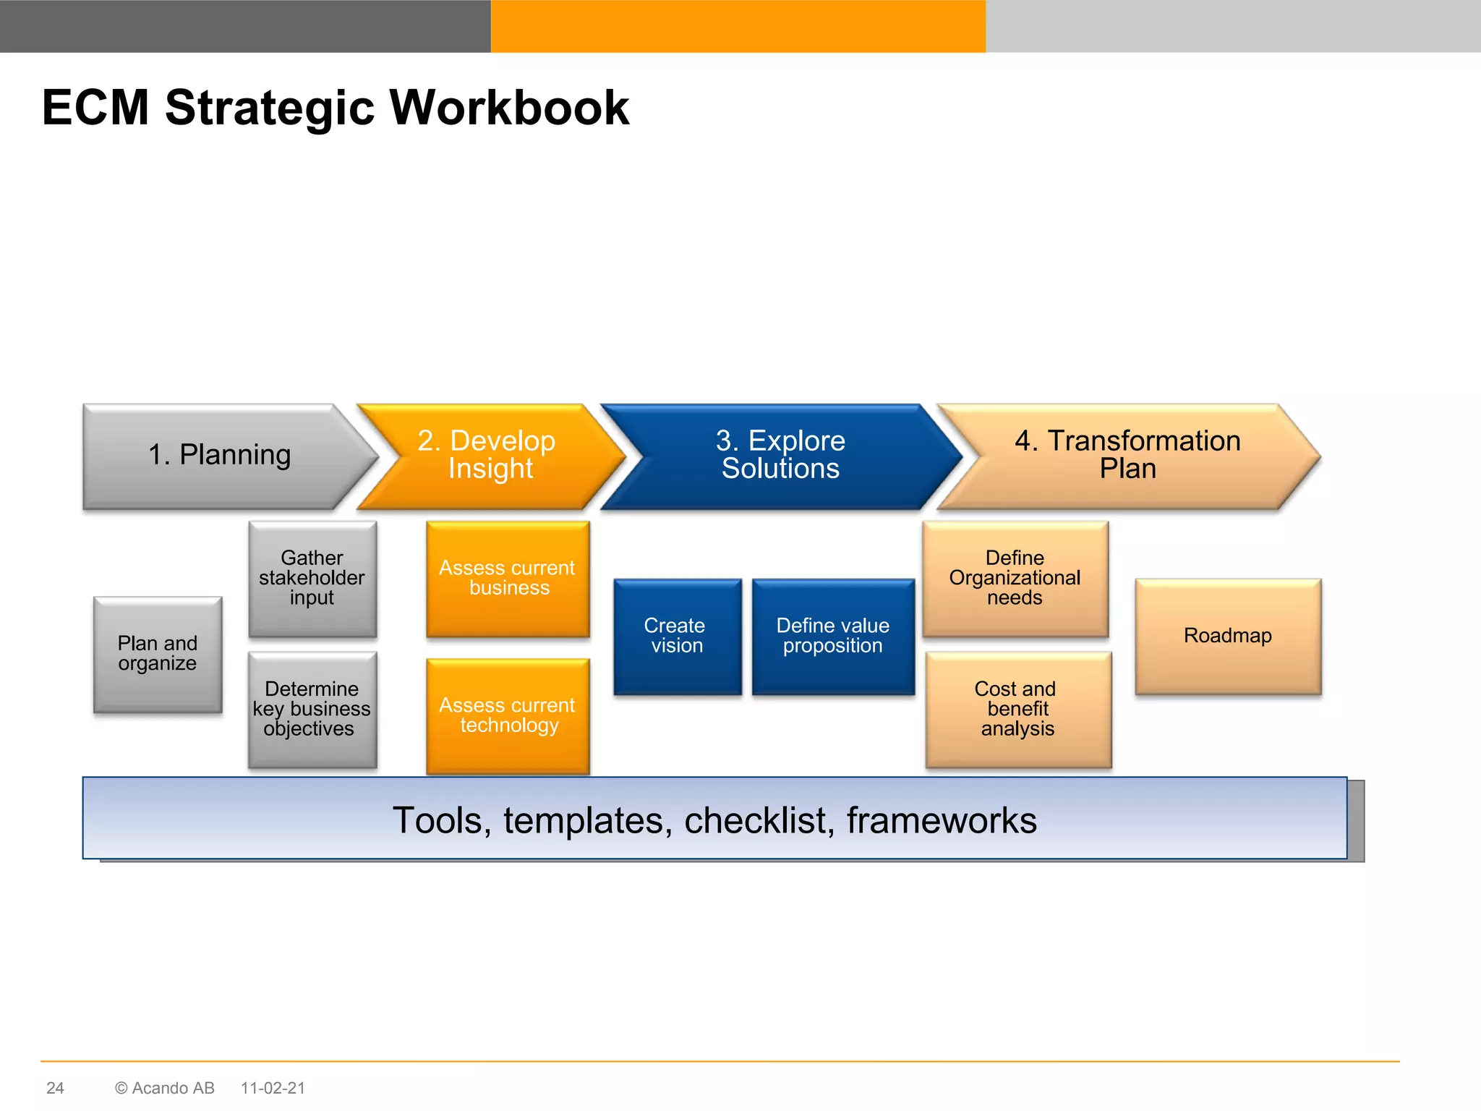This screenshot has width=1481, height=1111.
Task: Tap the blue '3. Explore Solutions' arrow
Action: point(780,456)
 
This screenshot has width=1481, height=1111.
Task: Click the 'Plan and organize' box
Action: point(158,654)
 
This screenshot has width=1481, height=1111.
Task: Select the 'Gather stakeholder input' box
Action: point(312,578)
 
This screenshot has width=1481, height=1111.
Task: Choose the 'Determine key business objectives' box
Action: point(312,709)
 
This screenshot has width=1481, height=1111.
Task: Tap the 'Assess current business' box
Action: point(508,578)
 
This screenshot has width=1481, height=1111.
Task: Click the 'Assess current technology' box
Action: point(508,715)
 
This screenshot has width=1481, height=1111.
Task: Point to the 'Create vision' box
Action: point(677,636)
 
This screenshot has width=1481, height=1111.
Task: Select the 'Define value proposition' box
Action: point(833,636)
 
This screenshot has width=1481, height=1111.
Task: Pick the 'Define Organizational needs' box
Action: point(1015,578)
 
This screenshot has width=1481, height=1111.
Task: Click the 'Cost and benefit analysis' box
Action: point(1017,709)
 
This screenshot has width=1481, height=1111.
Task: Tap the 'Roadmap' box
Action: point(1227,636)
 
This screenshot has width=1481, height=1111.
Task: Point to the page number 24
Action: point(55,1088)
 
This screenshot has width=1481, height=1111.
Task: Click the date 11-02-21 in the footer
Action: point(273,1088)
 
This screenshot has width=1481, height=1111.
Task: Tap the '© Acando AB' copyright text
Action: point(165,1088)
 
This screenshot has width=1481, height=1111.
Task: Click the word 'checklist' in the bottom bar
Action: point(759,820)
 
